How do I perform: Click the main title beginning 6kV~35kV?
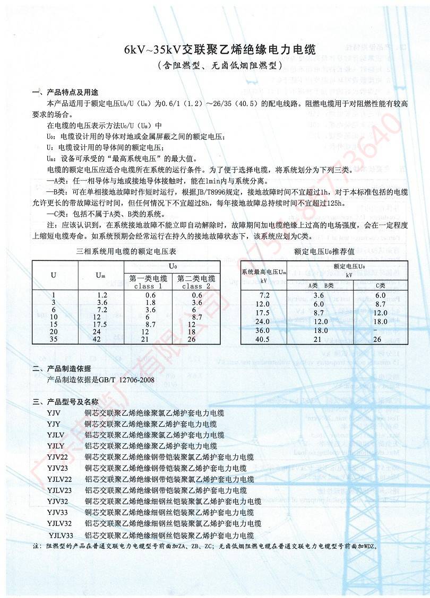coord(220,51)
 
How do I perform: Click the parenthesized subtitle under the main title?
coord(219,66)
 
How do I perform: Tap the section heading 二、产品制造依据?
coord(62,368)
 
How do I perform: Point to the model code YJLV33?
coord(61,535)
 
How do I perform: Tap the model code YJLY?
coord(56,446)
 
